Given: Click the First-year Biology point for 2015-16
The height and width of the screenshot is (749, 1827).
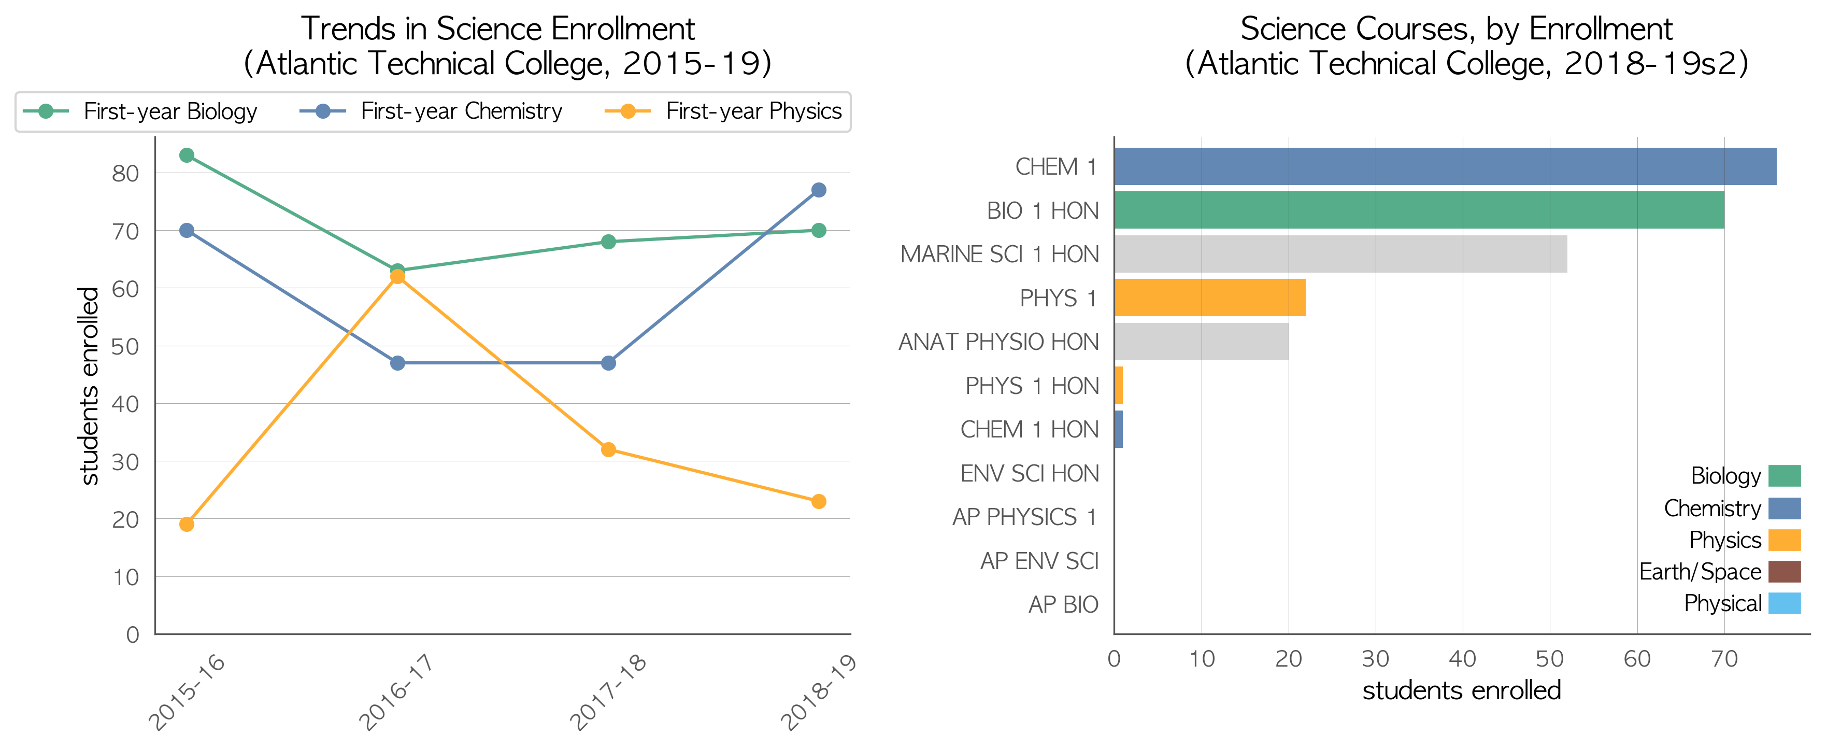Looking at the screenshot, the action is (x=187, y=156).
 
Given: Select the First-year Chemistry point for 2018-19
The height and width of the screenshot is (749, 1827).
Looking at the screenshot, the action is (x=819, y=190).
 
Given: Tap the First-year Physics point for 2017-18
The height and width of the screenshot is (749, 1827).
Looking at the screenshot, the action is (x=608, y=450).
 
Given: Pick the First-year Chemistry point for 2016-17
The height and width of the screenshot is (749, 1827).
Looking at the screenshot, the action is (x=397, y=363).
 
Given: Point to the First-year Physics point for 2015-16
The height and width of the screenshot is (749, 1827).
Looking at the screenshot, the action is (x=187, y=524).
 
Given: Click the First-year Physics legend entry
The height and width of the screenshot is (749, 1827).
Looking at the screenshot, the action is (x=723, y=111).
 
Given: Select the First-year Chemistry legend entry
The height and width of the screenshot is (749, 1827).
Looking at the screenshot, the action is (x=431, y=111).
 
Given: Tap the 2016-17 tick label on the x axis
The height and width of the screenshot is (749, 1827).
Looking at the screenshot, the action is (x=396, y=691).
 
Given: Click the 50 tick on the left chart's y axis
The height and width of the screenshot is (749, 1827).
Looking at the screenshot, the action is (x=125, y=346).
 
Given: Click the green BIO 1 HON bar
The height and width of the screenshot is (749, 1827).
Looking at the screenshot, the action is (x=1419, y=210).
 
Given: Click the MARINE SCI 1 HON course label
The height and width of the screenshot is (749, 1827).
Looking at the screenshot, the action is (x=1000, y=254).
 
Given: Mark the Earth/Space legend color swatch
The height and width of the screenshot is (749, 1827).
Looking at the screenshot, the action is (x=1784, y=572).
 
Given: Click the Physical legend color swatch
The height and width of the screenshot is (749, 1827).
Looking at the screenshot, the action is (x=1784, y=603).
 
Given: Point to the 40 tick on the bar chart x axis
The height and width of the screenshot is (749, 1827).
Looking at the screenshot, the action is (x=1462, y=659).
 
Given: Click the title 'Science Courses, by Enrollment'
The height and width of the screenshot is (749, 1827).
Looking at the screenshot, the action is (x=1456, y=29).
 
